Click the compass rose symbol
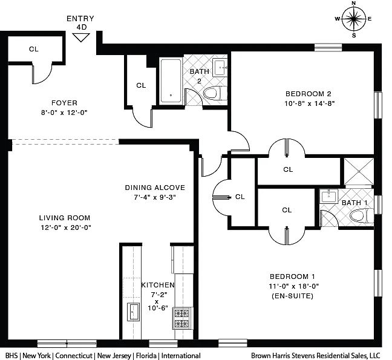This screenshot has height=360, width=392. [x=353, y=19]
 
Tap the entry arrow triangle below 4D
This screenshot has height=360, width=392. [x=81, y=38]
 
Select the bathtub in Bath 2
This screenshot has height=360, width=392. [x=171, y=80]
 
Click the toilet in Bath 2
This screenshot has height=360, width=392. [x=215, y=94]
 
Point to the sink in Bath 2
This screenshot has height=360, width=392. [x=220, y=67]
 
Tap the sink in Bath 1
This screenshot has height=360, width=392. [x=328, y=196]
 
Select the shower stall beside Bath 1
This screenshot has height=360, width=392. [x=359, y=172]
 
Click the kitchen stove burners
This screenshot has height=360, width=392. [x=181, y=318]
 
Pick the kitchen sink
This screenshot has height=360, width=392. [x=133, y=312]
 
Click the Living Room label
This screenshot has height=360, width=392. [x=65, y=218]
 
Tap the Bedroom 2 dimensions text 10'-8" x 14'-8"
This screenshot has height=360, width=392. [x=309, y=103]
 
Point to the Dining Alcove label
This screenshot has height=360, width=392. [x=155, y=188]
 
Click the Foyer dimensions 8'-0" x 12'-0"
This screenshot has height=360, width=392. [x=64, y=113]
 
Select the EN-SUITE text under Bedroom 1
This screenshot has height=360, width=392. [x=293, y=296]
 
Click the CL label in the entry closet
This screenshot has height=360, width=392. [x=34, y=49]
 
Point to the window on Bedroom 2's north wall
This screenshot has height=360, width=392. [x=328, y=48]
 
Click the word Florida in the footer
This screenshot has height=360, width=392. [x=146, y=356]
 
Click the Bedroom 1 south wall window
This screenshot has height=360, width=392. [x=233, y=343]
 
